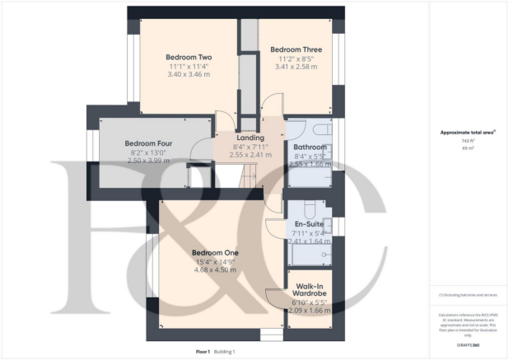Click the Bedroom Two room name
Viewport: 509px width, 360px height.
tap(189, 57)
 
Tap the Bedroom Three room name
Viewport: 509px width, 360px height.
tap(296, 49)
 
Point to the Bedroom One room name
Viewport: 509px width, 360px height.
tap(215, 252)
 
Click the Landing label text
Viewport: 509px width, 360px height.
tap(250, 137)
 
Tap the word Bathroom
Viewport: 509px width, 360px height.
tap(310, 147)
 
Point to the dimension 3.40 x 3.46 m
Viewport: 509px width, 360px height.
tap(189, 75)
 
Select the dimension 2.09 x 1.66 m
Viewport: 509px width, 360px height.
tap(310, 311)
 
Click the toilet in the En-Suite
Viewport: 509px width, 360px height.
tap(310, 208)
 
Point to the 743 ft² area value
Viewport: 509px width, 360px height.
tap(468, 140)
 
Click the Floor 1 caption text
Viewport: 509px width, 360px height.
tap(203, 352)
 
